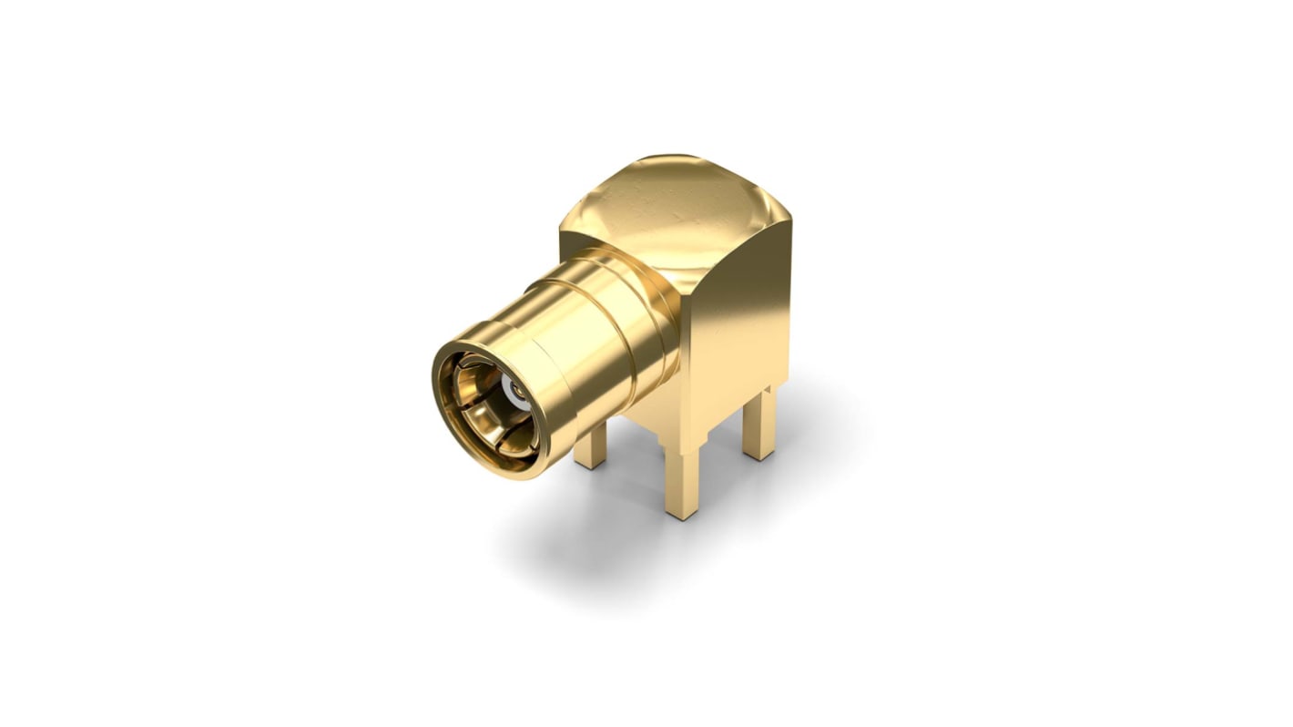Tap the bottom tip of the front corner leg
tap(682, 514)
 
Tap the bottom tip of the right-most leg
tap(758, 456)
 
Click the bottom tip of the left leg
tap(590, 465)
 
